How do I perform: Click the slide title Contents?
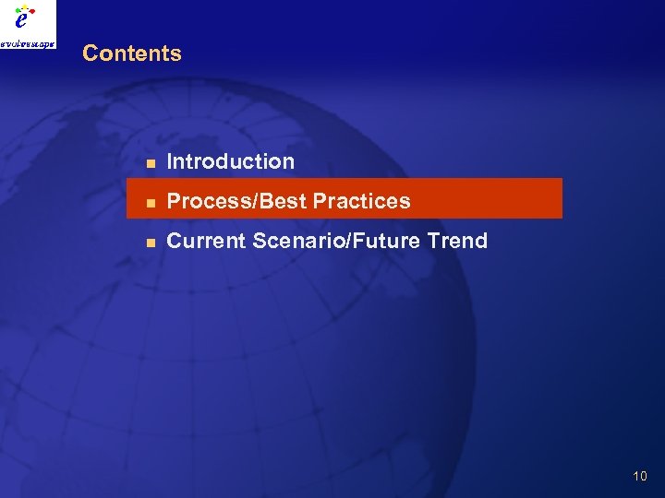point(132,53)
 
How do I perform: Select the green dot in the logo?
point(18,10)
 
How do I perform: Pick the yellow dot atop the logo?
point(26,6)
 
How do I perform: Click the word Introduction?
point(230,161)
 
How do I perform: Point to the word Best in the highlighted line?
point(278,201)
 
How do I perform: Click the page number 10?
point(640,476)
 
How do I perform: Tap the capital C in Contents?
point(89,53)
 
